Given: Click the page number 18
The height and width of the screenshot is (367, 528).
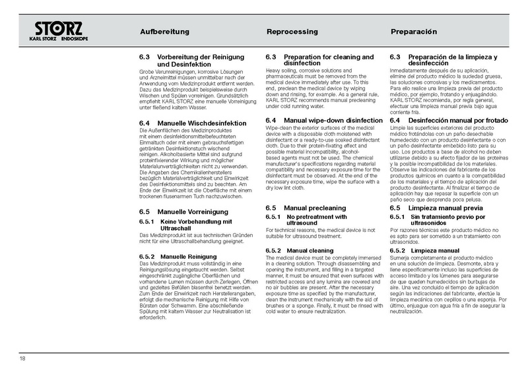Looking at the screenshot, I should (x=23, y=358).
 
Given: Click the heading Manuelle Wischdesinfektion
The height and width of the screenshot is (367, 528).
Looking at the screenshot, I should (x=192, y=123).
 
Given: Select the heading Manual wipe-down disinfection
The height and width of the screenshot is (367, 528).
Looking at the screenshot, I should (x=319, y=120).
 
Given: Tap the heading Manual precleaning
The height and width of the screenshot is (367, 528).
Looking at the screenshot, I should (x=305, y=208).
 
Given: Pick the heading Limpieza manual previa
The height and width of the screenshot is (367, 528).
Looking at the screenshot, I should (x=439, y=208).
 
